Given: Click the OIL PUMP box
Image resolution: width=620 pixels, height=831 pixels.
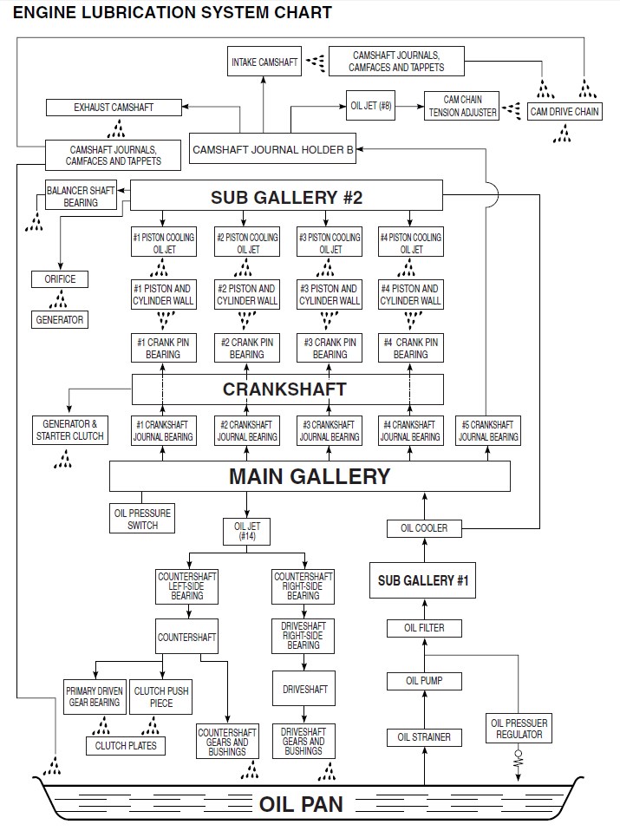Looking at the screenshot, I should click(x=424, y=681).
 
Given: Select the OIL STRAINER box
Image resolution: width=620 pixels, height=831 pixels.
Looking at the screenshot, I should click(x=424, y=737).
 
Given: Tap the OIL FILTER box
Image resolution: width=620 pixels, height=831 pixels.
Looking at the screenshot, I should click(x=424, y=628).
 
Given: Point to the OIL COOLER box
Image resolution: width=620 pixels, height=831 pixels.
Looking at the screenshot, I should click(x=424, y=527).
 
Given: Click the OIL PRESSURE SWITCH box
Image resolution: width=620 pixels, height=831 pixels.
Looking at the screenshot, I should click(x=143, y=519).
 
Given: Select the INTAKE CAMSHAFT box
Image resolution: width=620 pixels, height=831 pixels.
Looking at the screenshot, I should click(x=264, y=62).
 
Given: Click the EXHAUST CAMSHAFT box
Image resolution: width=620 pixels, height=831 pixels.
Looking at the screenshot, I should click(x=114, y=108).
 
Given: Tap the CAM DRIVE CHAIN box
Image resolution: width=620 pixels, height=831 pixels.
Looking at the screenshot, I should click(x=565, y=112).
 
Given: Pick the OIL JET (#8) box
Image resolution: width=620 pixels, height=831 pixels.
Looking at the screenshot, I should click(x=370, y=105).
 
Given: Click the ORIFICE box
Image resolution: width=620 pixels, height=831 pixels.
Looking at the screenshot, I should click(x=60, y=279).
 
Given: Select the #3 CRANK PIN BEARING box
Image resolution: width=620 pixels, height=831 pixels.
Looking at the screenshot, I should click(x=330, y=349).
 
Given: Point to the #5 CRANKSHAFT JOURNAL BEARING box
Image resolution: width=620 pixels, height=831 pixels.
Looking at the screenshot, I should click(x=488, y=431).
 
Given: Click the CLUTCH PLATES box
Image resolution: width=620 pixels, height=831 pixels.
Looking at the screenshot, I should click(x=126, y=745).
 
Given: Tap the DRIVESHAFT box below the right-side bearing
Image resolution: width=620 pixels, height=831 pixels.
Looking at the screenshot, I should click(x=304, y=690).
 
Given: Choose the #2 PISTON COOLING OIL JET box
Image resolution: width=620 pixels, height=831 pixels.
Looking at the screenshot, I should click(x=247, y=243).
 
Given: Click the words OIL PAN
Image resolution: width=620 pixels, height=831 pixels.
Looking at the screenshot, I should click(x=301, y=804).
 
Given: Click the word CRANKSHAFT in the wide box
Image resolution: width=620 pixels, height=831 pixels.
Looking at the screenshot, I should click(x=284, y=389).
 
